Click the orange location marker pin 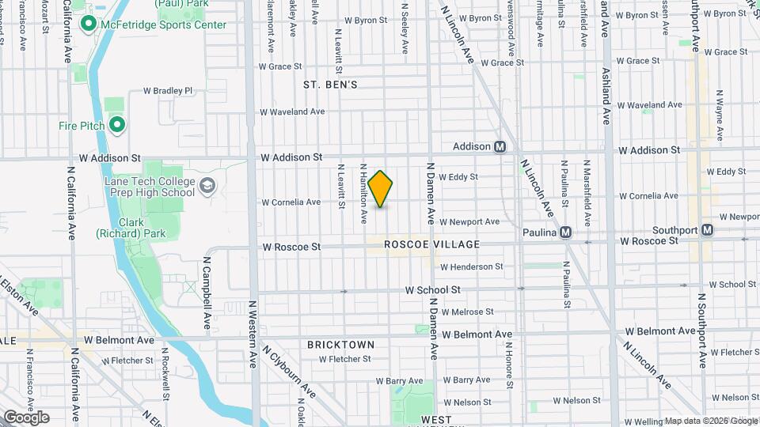pyautogui.click(x=381, y=189)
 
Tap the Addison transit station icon pyautogui.click(x=500, y=147)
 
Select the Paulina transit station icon pyautogui.click(x=565, y=232)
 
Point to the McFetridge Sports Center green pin pyautogui.click(x=89, y=25)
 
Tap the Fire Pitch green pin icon pyautogui.click(x=117, y=125)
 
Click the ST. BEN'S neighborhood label pyautogui.click(x=330, y=84)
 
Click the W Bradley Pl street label pyautogui.click(x=167, y=91)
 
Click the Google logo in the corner pyautogui.click(x=25, y=418)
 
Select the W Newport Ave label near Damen pyautogui.click(x=469, y=222)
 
